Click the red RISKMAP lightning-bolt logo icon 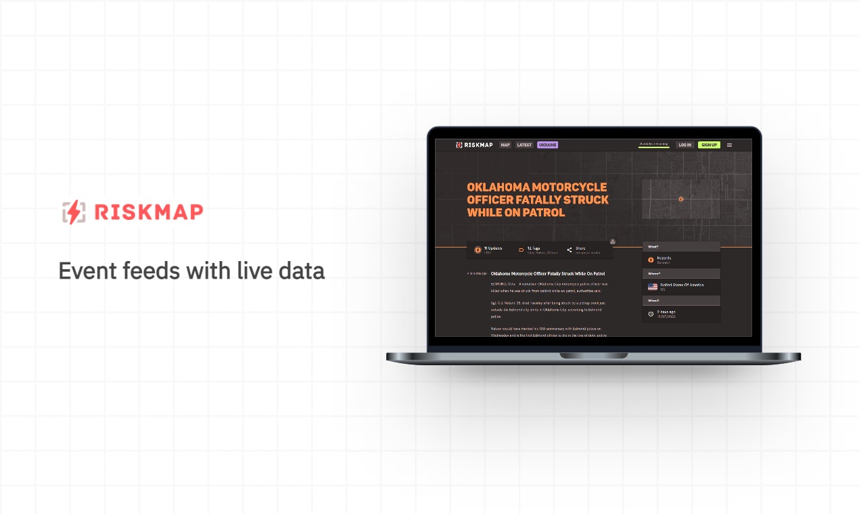pyautogui.click(x=74, y=212)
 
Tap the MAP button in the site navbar pyautogui.click(x=505, y=145)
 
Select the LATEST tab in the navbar pyautogui.click(x=524, y=145)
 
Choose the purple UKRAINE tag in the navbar pyautogui.click(x=547, y=145)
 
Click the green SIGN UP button pyautogui.click(x=709, y=145)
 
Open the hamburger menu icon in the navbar pyautogui.click(x=729, y=145)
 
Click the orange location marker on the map pyautogui.click(x=681, y=199)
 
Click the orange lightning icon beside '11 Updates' pyautogui.click(x=477, y=250)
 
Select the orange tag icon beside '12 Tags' pyautogui.click(x=521, y=250)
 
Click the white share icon pyautogui.click(x=570, y=250)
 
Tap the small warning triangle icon pyautogui.click(x=612, y=241)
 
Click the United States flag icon pyautogui.click(x=652, y=286)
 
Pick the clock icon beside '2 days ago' pyautogui.click(x=651, y=313)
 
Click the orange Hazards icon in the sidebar pyautogui.click(x=651, y=260)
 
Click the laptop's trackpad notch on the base pyautogui.click(x=593, y=356)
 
